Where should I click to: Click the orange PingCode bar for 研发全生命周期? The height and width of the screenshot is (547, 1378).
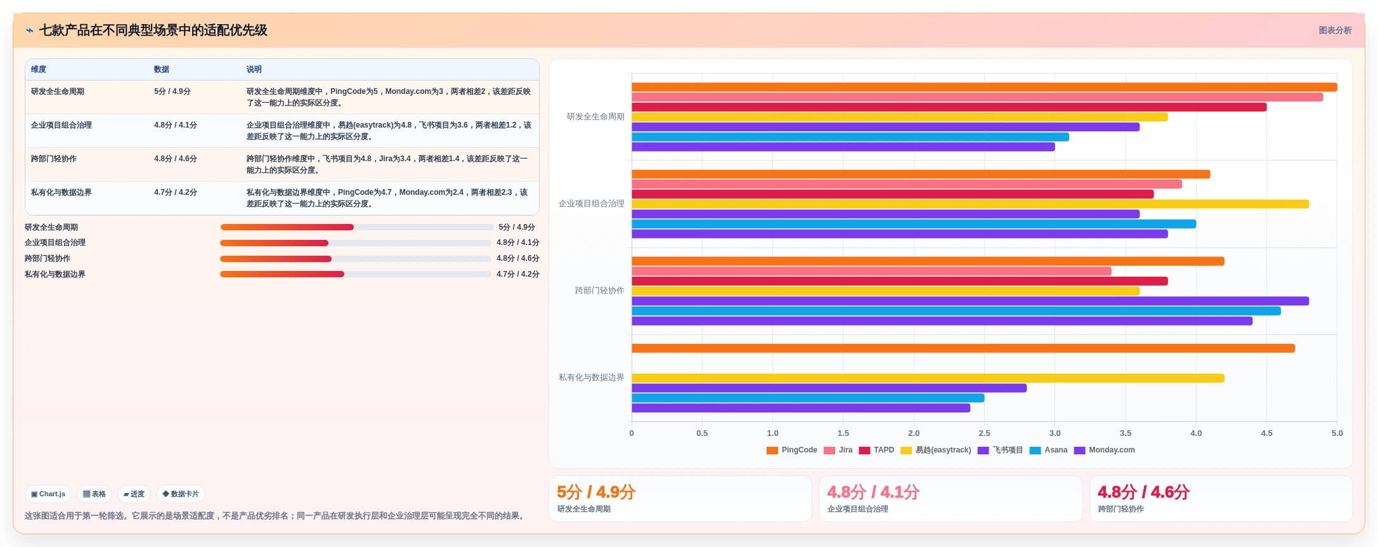pyautogui.click(x=984, y=88)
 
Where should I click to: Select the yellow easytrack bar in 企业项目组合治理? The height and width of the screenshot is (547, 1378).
pyautogui.click(x=970, y=204)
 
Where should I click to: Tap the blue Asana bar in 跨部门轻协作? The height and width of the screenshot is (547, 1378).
pyautogui.click(x=956, y=311)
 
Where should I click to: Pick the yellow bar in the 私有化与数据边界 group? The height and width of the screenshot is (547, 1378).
pyautogui.click(x=928, y=378)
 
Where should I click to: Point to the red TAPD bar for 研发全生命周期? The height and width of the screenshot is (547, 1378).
pyautogui.click(x=949, y=107)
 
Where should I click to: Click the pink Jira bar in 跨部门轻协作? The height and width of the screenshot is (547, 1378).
pyautogui.click(x=871, y=271)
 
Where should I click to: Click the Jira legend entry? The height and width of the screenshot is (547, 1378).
pyautogui.click(x=838, y=450)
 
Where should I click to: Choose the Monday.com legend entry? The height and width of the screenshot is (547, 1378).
pyautogui.click(x=1105, y=450)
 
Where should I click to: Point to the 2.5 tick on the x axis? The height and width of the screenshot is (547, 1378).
pyautogui.click(x=984, y=433)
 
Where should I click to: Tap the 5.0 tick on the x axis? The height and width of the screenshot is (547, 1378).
pyautogui.click(x=1337, y=433)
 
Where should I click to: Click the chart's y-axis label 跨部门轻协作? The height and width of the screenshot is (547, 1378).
pyautogui.click(x=599, y=291)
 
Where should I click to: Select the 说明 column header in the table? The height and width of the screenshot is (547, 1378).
pyautogui.click(x=254, y=69)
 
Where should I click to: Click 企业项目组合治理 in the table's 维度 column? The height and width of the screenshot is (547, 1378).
pyautogui.click(x=61, y=125)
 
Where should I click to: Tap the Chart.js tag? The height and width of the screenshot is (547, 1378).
pyautogui.click(x=48, y=494)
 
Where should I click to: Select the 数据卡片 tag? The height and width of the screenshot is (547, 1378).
pyautogui.click(x=181, y=494)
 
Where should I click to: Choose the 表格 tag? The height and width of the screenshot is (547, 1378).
pyautogui.click(x=94, y=494)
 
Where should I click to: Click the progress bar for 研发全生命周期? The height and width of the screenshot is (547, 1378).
pyautogui.click(x=356, y=227)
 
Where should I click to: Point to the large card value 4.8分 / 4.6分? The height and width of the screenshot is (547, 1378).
pyautogui.click(x=1143, y=492)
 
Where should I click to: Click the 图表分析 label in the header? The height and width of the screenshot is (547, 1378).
pyautogui.click(x=1335, y=30)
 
